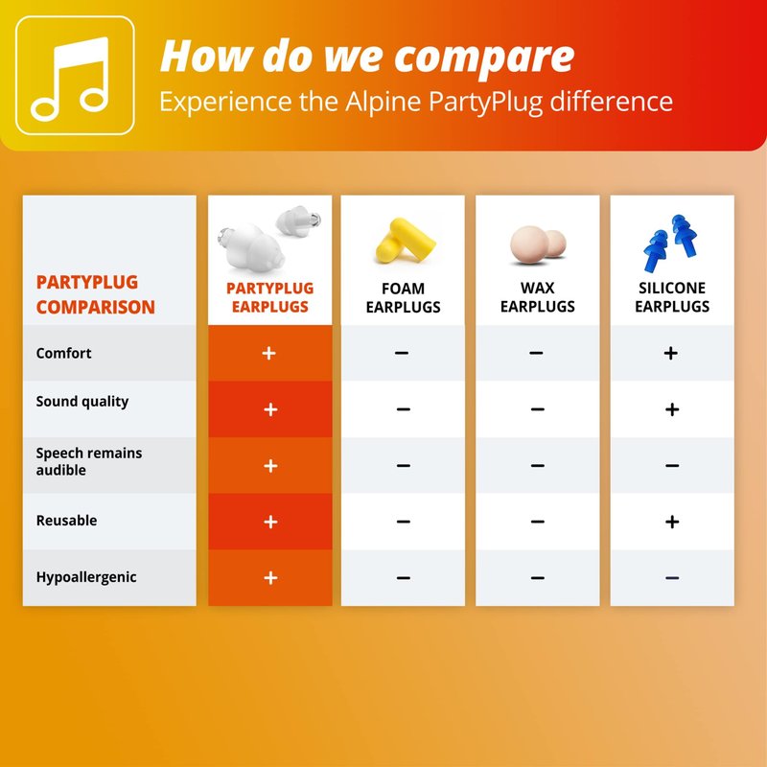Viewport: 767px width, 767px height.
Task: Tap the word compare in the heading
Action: point(484,58)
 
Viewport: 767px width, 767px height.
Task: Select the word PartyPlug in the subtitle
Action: point(485,103)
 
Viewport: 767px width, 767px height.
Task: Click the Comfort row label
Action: point(63,353)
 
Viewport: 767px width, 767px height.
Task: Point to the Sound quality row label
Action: point(82,402)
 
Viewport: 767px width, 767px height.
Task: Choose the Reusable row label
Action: point(66,520)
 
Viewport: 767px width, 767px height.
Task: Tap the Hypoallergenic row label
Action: point(86,577)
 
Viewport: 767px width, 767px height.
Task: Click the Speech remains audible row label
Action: point(89,461)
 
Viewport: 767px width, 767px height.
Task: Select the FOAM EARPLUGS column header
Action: point(403,297)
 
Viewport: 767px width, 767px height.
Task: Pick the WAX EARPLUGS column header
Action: point(537,297)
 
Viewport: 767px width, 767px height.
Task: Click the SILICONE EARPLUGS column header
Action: point(672,297)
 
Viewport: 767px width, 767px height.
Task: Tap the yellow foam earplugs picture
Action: point(406,241)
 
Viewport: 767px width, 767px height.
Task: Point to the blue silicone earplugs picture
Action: point(670,243)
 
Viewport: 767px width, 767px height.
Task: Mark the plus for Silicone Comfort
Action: point(670,353)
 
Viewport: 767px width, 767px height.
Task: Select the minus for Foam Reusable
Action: point(403,522)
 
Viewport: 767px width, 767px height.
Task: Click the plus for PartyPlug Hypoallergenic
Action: point(270,578)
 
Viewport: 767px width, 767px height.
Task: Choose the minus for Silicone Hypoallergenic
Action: point(672,578)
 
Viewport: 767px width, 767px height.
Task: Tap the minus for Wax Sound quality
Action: point(537,409)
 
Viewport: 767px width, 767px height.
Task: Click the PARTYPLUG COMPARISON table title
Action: point(95,294)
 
